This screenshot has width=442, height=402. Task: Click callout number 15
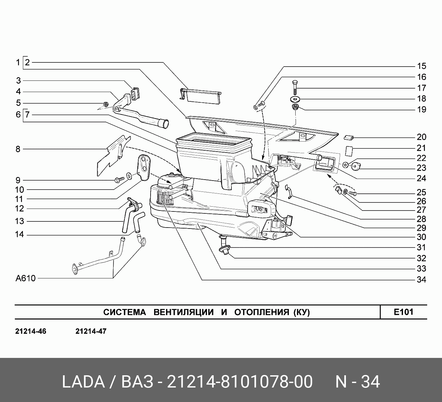[x=421, y=66]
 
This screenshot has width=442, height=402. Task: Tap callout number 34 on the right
[x=421, y=280]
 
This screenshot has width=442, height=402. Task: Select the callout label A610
[x=26, y=278]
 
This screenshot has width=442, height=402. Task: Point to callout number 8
[x=18, y=149]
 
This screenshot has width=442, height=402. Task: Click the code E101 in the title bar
[x=403, y=312]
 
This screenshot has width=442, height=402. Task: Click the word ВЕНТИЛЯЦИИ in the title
[x=183, y=312]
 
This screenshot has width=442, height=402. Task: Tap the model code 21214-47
[x=91, y=331]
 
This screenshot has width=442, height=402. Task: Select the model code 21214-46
[x=31, y=331]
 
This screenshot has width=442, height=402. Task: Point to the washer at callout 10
[x=129, y=175]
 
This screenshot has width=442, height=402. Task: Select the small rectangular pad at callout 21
[x=349, y=151]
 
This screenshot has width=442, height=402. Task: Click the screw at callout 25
[x=352, y=193]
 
